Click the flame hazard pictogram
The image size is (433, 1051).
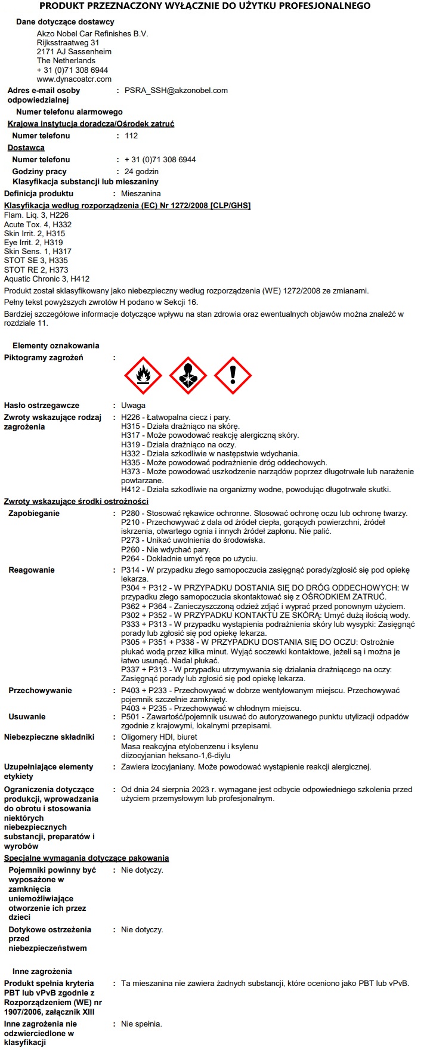(x=143, y=376)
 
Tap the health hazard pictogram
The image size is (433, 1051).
(x=188, y=376)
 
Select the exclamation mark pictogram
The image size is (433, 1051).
(x=233, y=376)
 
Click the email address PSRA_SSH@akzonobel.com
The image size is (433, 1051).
(x=176, y=91)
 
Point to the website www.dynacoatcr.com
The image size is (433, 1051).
(x=74, y=79)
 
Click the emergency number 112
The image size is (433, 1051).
(x=131, y=136)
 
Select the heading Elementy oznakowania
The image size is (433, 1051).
(x=56, y=346)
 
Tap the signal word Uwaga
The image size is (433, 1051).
(x=133, y=406)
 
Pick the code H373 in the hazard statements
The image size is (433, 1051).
(x=130, y=472)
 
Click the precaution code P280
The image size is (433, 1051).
(x=130, y=514)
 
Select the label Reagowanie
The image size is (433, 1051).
(x=32, y=570)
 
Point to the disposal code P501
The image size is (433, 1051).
(x=130, y=717)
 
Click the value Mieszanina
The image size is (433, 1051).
(x=141, y=194)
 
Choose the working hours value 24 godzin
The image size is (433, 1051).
(x=141, y=172)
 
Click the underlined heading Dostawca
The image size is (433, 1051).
(x=26, y=148)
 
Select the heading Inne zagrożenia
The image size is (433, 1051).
(x=42, y=972)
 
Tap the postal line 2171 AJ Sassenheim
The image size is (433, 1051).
(x=74, y=52)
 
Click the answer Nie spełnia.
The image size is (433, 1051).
(x=141, y=1024)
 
